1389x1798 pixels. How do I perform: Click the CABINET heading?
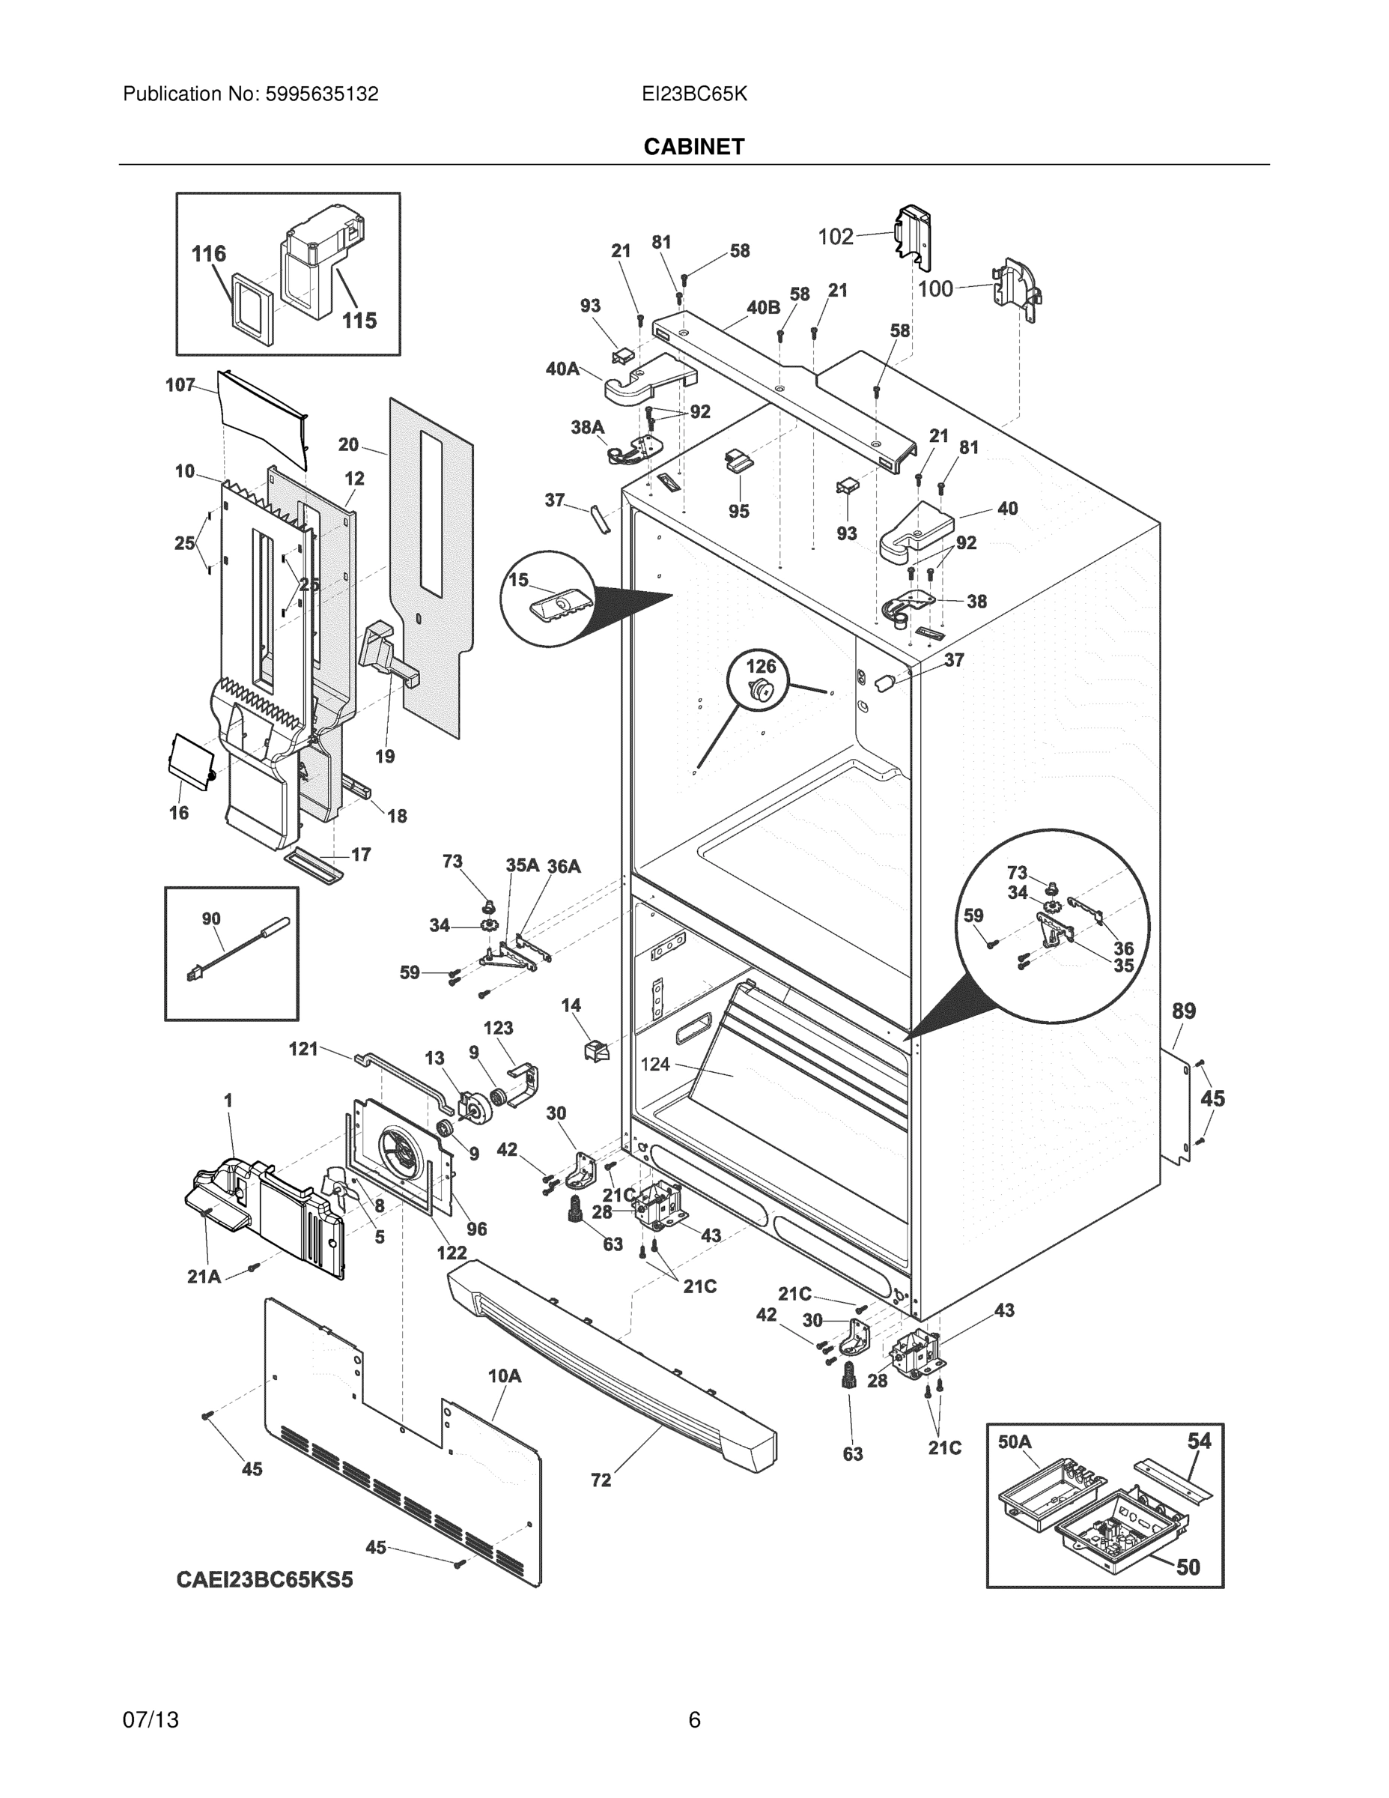click(693, 147)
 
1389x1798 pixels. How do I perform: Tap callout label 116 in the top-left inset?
click(208, 253)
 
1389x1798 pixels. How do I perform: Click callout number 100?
click(934, 289)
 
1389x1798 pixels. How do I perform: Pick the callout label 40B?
click(763, 308)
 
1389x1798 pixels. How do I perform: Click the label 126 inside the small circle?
click(760, 665)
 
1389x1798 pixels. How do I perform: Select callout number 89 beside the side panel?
click(1183, 1011)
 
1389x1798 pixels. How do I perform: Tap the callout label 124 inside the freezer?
click(655, 1065)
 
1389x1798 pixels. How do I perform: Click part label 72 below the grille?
click(601, 1480)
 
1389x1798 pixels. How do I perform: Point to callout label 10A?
click(505, 1375)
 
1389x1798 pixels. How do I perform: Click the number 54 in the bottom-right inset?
click(1199, 1441)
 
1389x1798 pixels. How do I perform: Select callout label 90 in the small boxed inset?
click(210, 918)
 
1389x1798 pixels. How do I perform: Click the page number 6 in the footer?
click(693, 1720)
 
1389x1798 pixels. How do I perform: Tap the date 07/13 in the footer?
click(151, 1720)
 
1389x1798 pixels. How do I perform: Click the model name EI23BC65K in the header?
click(693, 94)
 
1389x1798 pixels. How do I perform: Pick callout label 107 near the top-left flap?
click(180, 384)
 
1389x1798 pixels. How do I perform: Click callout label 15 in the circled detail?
click(517, 580)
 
